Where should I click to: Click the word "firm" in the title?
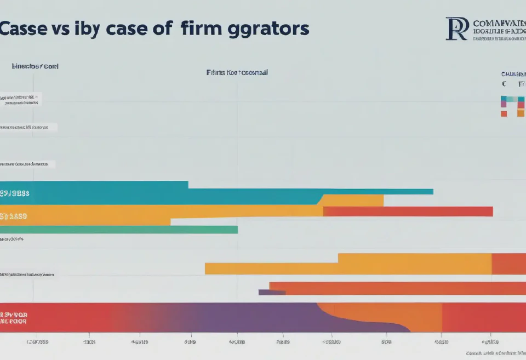203,28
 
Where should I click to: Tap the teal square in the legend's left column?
504,99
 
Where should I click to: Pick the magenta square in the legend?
504,104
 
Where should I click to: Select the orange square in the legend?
521,113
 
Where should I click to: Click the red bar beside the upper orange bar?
408,212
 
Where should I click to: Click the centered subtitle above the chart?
237,72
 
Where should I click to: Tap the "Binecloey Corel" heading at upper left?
35,66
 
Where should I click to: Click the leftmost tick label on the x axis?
37,341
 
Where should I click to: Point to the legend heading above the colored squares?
513,73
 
